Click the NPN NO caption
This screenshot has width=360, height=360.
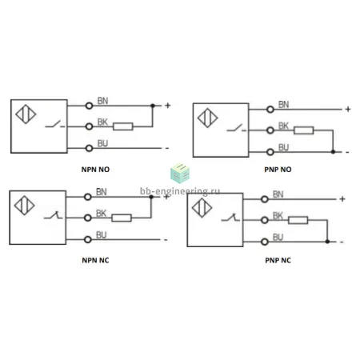click(x=95, y=170)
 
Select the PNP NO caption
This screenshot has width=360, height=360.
click(x=278, y=170)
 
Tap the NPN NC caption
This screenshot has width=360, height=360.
click(x=95, y=260)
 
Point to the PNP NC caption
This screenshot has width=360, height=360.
click(x=278, y=260)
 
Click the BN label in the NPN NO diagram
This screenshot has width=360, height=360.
click(x=102, y=101)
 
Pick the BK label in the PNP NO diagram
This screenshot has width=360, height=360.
click(x=283, y=126)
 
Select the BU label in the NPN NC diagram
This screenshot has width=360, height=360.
click(x=101, y=235)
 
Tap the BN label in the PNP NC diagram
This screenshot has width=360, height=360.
click(x=278, y=194)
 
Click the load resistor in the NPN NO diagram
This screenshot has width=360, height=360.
click(x=123, y=126)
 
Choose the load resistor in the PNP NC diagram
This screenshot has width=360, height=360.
click(x=298, y=220)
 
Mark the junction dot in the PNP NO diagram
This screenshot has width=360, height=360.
click(x=333, y=152)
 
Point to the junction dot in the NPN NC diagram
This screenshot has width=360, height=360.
click(x=151, y=197)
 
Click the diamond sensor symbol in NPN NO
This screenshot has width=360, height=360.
click(x=26, y=114)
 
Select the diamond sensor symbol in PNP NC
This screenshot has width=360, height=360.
click(x=202, y=208)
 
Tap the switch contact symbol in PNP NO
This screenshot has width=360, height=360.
click(x=237, y=128)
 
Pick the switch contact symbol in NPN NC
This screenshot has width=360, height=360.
click(x=53, y=215)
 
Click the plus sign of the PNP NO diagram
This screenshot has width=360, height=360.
click(x=348, y=109)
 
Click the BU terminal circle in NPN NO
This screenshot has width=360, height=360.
click(x=89, y=148)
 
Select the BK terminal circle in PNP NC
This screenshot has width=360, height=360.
click(x=265, y=220)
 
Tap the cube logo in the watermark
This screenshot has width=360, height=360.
click(x=180, y=174)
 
